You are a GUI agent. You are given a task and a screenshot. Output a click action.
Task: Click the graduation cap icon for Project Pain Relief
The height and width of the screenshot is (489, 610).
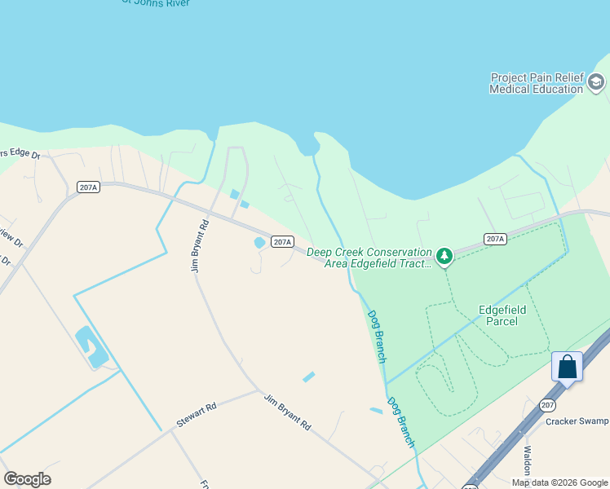pyautogui.click(x=596, y=81)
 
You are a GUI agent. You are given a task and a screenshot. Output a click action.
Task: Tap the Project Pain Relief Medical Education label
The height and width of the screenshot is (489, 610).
pyautogui.click(x=537, y=83)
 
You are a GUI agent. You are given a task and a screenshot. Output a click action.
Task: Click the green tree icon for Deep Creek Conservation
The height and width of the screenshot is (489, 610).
pyautogui.click(x=444, y=258)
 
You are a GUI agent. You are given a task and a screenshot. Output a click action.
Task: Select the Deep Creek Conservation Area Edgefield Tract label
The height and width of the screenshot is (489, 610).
pyautogui.click(x=369, y=258)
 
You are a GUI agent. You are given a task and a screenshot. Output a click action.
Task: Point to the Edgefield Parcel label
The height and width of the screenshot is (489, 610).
pyautogui.click(x=502, y=315)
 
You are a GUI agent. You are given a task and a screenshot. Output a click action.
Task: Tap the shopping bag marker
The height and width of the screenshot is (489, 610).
pyautogui.click(x=567, y=367)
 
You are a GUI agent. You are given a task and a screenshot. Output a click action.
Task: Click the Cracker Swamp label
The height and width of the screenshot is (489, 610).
pyautogui.click(x=577, y=421)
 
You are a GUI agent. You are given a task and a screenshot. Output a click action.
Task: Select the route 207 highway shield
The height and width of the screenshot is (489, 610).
pyautogui.click(x=547, y=404)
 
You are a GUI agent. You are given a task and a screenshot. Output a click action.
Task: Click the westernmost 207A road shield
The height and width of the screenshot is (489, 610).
pyautogui.click(x=88, y=187)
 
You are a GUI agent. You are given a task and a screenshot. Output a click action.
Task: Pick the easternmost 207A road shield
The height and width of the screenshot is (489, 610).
pyautogui.click(x=494, y=239)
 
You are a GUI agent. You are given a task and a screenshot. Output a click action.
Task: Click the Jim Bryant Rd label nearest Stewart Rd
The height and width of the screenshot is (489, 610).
pyautogui.click(x=287, y=412)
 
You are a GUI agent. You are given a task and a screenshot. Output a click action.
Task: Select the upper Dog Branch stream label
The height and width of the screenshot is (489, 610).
pyautogui.click(x=376, y=336)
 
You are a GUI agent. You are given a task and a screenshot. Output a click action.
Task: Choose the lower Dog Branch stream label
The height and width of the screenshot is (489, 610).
pyautogui.click(x=400, y=421)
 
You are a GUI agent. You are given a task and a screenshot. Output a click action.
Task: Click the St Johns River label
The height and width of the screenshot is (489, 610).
pyautogui.click(x=155, y=3)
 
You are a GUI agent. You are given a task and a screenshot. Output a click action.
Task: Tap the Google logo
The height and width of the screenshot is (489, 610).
pyautogui.click(x=27, y=479)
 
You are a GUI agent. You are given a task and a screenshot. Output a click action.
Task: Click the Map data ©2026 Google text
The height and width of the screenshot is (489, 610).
pyautogui.click(x=559, y=482)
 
